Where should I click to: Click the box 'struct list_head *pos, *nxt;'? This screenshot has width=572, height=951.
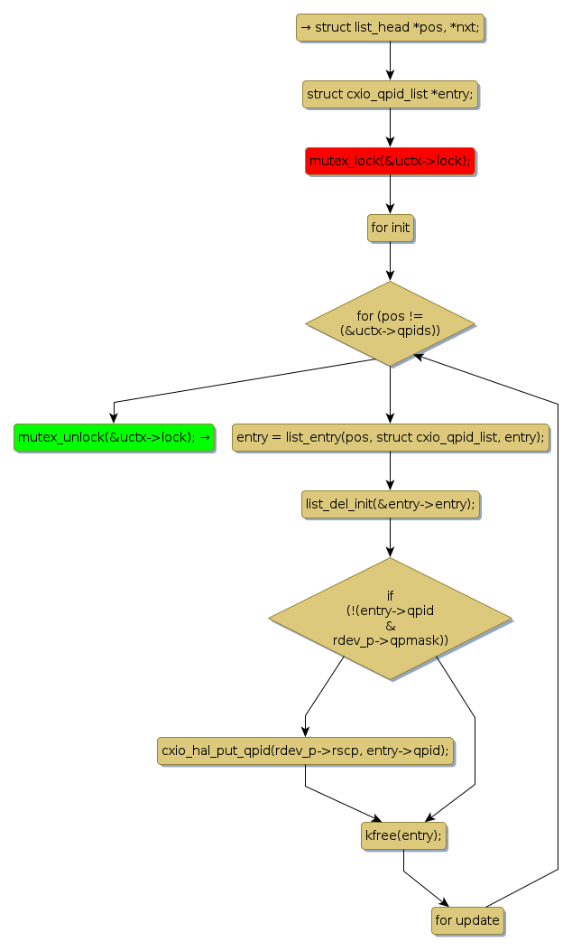(x=390, y=28)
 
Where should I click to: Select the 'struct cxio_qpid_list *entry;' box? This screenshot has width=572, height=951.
(x=390, y=95)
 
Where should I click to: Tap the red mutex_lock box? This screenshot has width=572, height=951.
(x=390, y=161)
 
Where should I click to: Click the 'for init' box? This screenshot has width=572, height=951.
(x=390, y=228)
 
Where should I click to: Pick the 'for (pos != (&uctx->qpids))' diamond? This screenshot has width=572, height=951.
(x=390, y=323)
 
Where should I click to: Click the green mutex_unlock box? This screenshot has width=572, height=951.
(x=114, y=437)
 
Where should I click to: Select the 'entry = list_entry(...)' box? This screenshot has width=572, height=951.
(x=390, y=437)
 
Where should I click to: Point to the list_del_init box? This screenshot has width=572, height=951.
(x=390, y=504)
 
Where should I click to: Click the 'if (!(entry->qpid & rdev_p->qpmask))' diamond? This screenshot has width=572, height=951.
(x=390, y=619)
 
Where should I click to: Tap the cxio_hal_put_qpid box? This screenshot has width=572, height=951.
(x=305, y=751)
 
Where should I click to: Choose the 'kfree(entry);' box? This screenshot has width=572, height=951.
(x=403, y=836)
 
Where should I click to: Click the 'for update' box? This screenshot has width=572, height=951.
(x=466, y=920)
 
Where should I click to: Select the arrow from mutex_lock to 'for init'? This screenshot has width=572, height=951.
(x=390, y=194)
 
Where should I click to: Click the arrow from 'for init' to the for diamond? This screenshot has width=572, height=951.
(x=390, y=261)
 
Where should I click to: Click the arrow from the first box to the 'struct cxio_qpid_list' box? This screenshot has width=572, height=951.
(x=390, y=61)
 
